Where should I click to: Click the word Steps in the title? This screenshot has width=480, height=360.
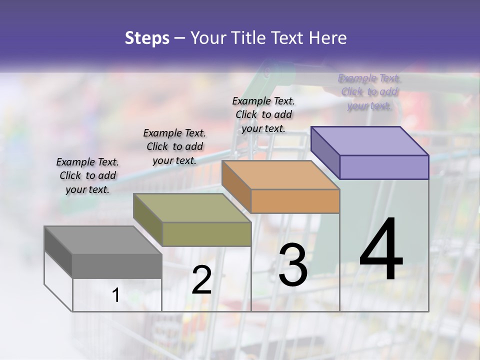tap(146, 38)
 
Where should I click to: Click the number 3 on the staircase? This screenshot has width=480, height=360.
tap(293, 265)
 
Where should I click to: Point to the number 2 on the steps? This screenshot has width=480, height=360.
tap(202, 280)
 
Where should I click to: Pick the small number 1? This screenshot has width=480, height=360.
tap(115, 295)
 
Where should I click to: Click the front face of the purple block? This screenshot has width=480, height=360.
tap(384, 167)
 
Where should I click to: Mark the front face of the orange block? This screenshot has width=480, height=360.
tap(295, 201)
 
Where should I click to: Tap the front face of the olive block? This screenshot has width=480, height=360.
tap(206, 234)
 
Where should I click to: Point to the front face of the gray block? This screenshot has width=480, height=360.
tap(117, 265)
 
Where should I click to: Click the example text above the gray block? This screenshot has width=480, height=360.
tap(87, 175)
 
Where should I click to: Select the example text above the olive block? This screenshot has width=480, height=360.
tap(174, 146)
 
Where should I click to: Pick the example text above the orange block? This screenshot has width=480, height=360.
tap(263, 114)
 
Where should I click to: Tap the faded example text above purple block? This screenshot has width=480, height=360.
tap(369, 91)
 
